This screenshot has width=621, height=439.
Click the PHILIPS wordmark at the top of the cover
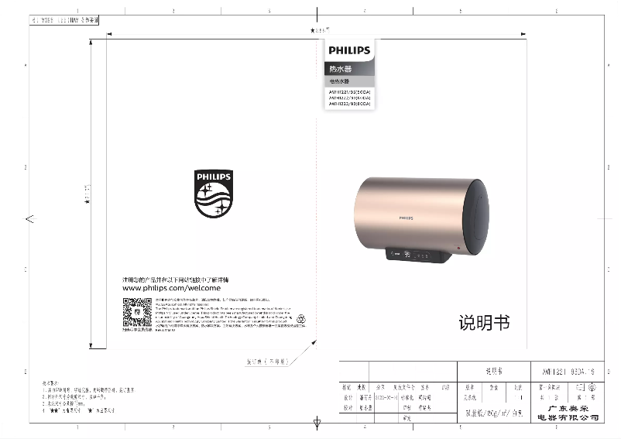pos(349,51)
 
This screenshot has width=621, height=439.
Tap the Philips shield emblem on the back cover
pos(213,194)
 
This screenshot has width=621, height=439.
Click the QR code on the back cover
pos(137,313)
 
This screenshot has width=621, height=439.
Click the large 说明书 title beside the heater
pos(484,323)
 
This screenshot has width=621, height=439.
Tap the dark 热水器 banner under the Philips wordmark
pos(349,70)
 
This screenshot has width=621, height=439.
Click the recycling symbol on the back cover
pos(302,317)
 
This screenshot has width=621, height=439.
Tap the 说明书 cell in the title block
pos(493,371)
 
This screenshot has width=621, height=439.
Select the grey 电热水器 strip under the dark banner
pos(349,81)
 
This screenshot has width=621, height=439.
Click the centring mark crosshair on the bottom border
pos(316,424)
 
